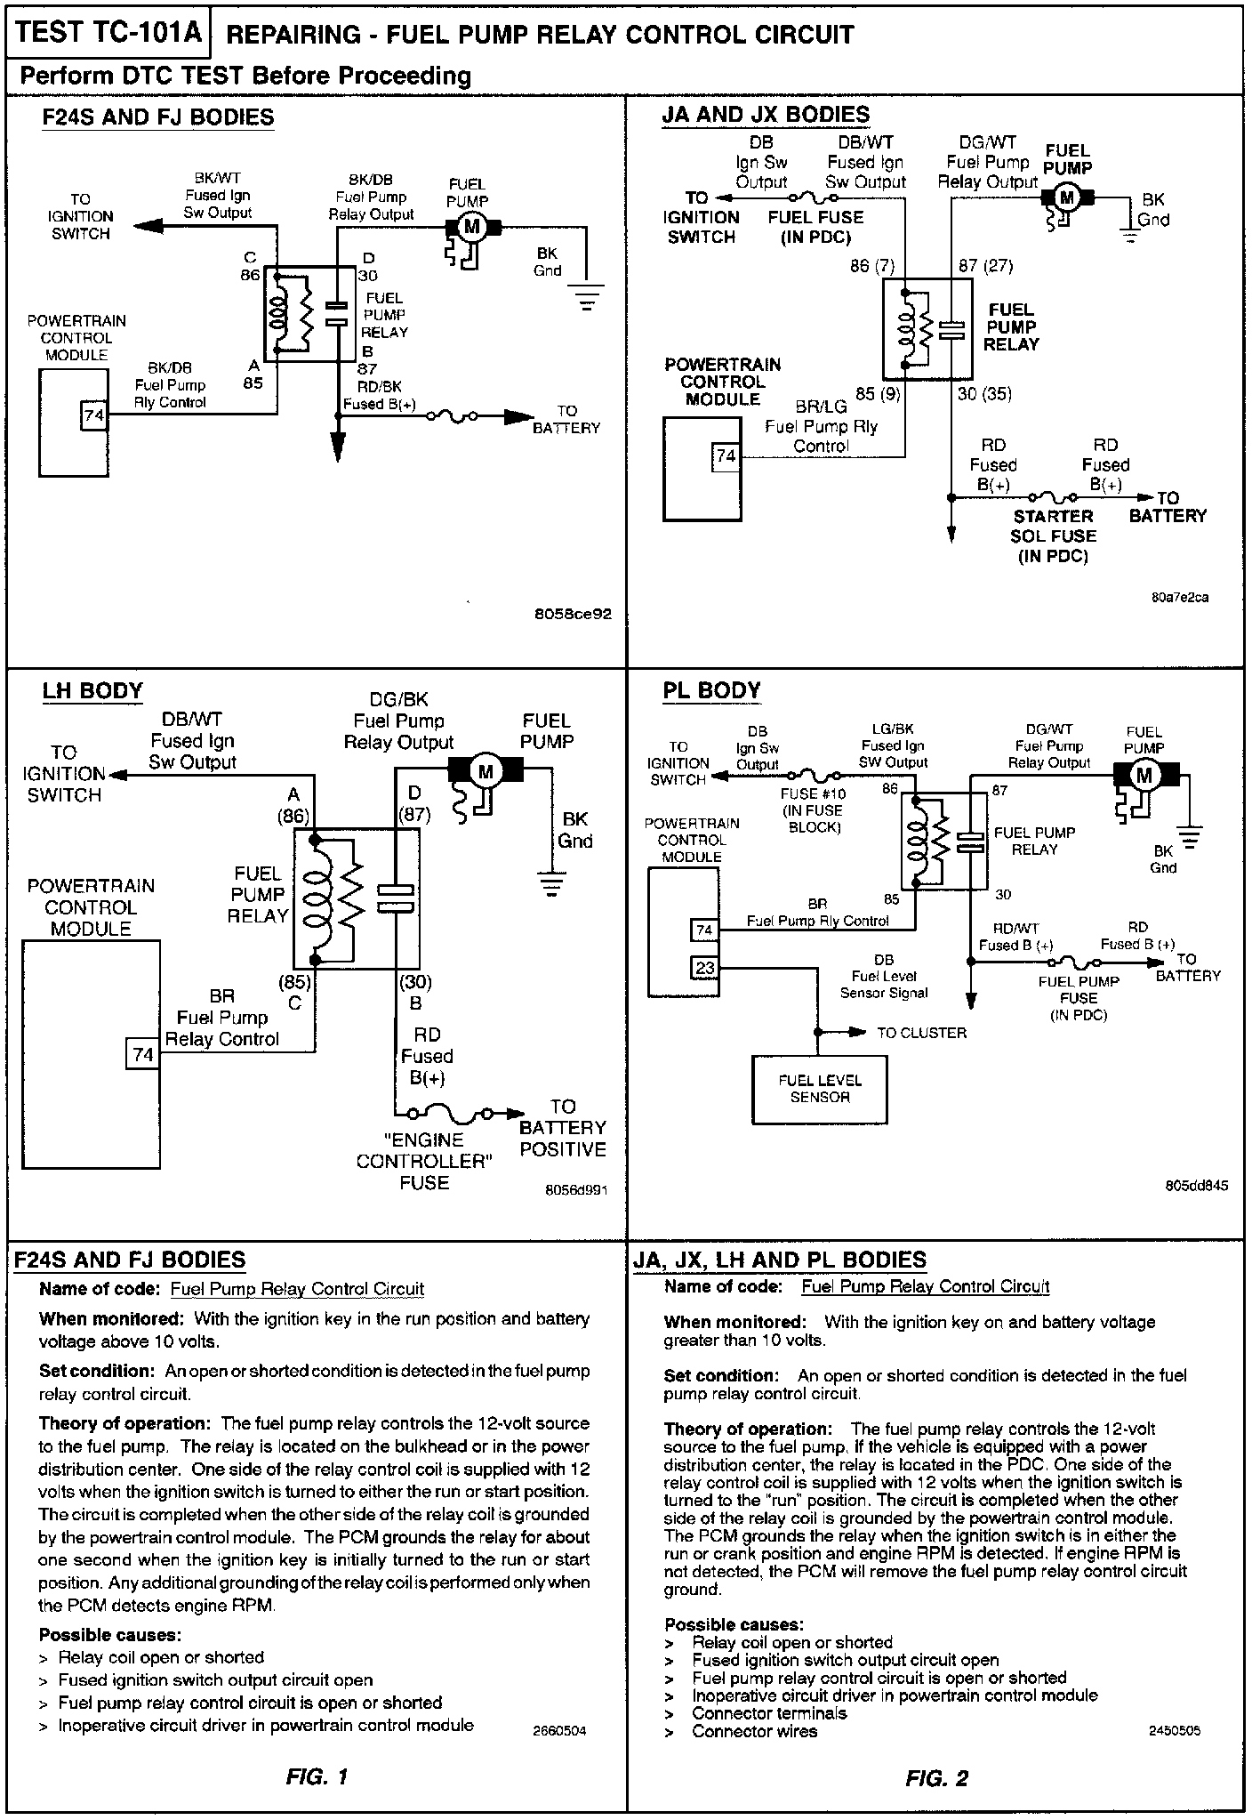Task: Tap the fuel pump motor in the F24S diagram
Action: [472, 227]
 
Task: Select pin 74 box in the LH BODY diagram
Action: [142, 1054]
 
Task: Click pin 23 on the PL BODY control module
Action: [705, 967]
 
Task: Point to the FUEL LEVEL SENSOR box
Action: [819, 1090]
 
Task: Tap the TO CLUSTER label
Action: [921, 1033]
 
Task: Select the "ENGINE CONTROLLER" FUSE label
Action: [424, 1161]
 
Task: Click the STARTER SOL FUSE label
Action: [1053, 536]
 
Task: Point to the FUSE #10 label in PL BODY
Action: [813, 809]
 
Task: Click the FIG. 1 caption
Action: [317, 1777]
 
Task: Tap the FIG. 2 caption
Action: [936, 1778]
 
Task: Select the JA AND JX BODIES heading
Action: [766, 115]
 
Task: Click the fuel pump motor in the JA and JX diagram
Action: [1067, 197]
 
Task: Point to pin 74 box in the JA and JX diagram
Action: [726, 456]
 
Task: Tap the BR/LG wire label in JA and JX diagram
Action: [821, 407]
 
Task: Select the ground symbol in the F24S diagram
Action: [587, 295]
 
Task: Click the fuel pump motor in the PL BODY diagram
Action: [1144, 775]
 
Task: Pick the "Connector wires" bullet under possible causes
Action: [754, 1731]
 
